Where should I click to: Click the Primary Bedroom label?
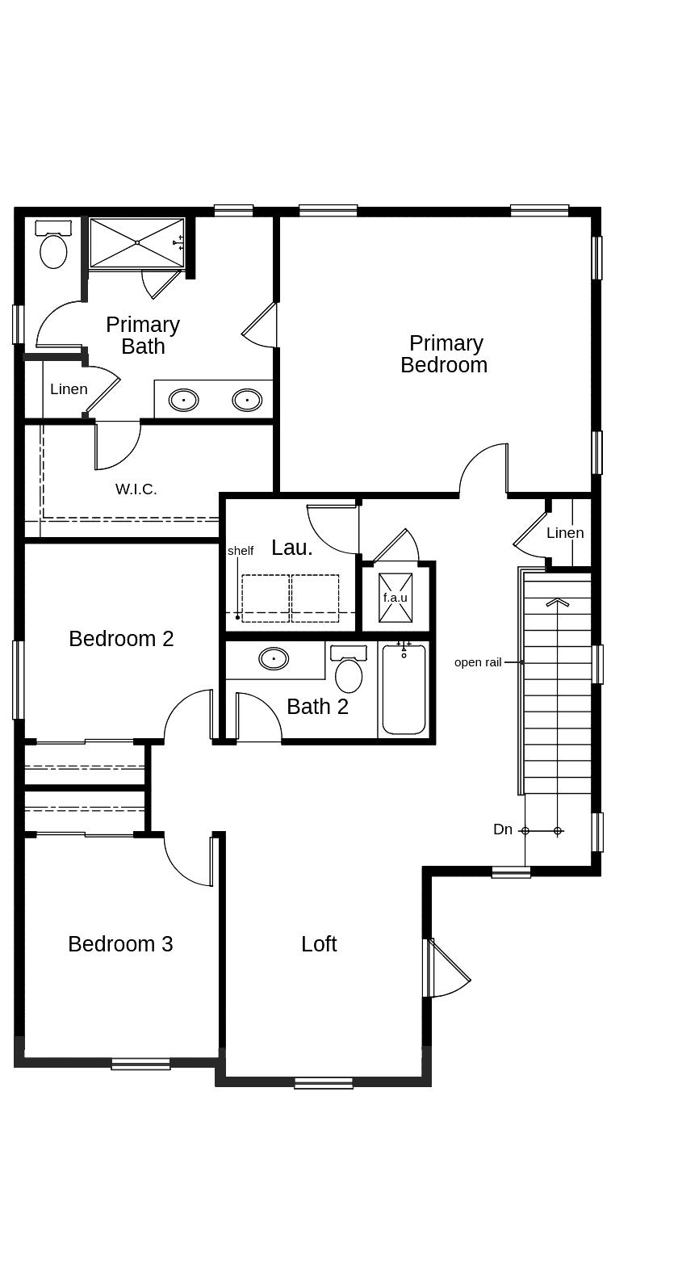444,354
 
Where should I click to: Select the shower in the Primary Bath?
137,242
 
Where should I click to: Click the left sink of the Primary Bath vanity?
183,400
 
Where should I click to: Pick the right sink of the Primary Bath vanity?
247,400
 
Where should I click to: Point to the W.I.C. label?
136,489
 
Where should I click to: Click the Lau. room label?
291,548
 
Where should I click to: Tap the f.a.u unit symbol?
395,598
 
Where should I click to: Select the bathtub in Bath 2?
404,691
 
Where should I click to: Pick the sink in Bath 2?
274,658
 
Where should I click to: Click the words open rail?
478,662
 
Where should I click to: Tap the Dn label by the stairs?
503,829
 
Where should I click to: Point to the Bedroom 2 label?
121,639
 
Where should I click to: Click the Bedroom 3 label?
120,944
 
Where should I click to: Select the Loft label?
319,944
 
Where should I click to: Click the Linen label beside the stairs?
565,533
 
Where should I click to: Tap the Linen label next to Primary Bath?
69,389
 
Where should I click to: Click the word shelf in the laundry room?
241,551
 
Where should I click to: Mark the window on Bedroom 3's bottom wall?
140,1064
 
